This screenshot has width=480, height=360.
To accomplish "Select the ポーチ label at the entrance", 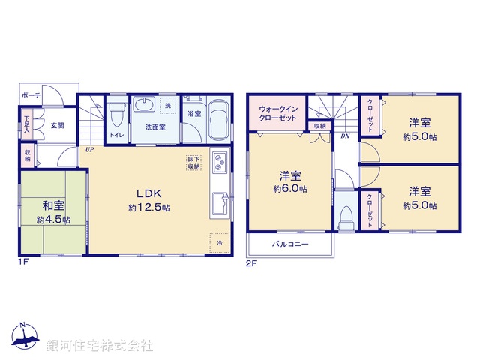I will coord(31,96).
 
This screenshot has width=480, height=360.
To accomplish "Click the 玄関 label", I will coord(57,125).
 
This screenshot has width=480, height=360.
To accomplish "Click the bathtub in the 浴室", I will coord(218,120).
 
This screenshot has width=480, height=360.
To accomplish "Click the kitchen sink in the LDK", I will coord(220,204).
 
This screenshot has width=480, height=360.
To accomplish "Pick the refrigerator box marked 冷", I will coord(220,243).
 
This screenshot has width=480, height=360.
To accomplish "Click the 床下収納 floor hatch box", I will coord(193,163).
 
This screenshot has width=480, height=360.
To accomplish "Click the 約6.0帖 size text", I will coord(290,190).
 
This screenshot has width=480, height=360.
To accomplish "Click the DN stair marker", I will coord(344,136).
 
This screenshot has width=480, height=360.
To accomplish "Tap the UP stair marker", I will coord(89,150).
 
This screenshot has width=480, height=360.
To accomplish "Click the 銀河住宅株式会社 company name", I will coord(100,346).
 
